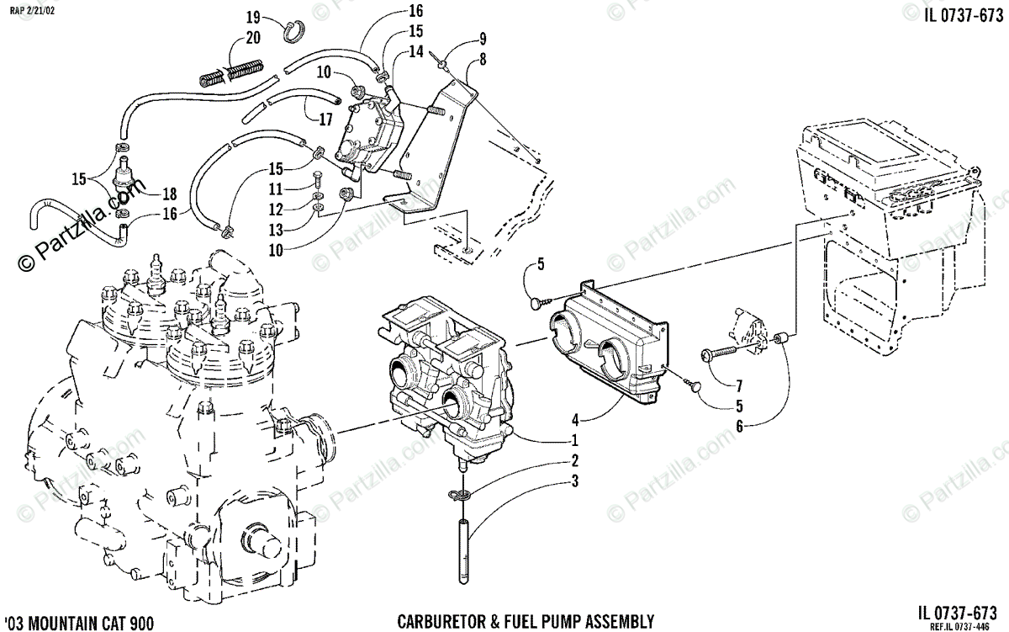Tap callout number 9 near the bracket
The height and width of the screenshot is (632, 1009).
point(483,38)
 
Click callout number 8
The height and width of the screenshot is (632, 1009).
point(483,59)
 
